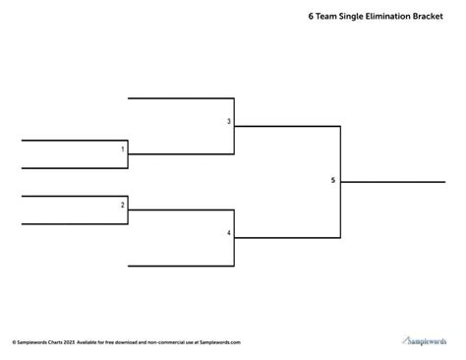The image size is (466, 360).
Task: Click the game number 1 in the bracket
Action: point(123,150)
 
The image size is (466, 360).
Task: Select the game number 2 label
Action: point(123,205)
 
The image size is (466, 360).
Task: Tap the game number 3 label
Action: point(229,121)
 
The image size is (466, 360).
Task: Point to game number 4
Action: point(229,233)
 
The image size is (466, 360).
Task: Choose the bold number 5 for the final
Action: point(332,180)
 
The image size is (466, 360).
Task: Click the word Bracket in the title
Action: point(436,17)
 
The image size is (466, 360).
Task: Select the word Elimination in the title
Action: point(385,17)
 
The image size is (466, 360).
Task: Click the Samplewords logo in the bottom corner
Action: point(428,340)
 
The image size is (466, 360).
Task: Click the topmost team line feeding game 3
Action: point(181,98)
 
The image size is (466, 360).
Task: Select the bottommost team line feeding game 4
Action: point(181,266)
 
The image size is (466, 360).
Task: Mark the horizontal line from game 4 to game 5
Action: point(285,237)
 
